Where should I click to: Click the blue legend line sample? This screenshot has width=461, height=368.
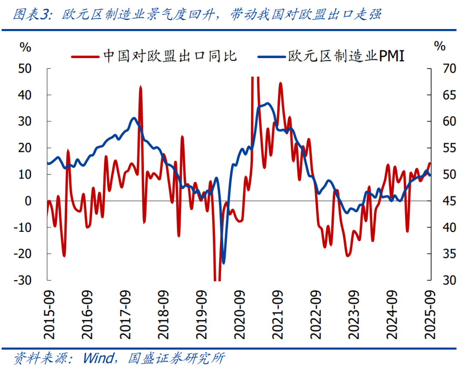(271, 56)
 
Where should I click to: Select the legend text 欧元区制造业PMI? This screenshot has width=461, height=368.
(345, 56)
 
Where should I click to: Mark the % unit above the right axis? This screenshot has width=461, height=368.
(440, 46)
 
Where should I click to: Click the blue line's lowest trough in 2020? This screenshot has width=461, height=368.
(224, 263)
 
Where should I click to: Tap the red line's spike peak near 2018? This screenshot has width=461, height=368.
(140, 87)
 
